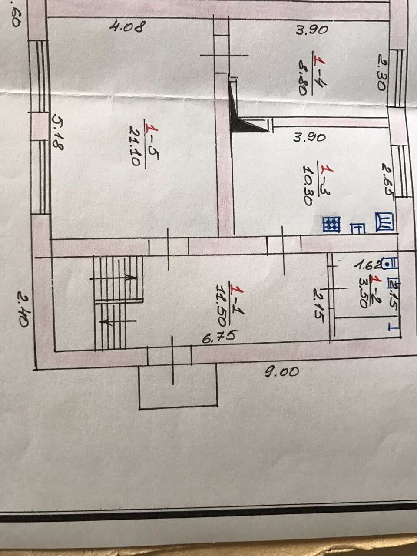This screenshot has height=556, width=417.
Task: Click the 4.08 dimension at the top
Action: coord(126,27)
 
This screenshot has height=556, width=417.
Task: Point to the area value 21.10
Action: coord(134,146)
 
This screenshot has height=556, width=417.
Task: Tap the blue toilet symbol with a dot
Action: coord(393,262)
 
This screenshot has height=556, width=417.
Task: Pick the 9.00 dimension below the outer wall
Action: coord(282,372)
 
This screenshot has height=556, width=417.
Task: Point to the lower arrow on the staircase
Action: coord(106,322)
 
